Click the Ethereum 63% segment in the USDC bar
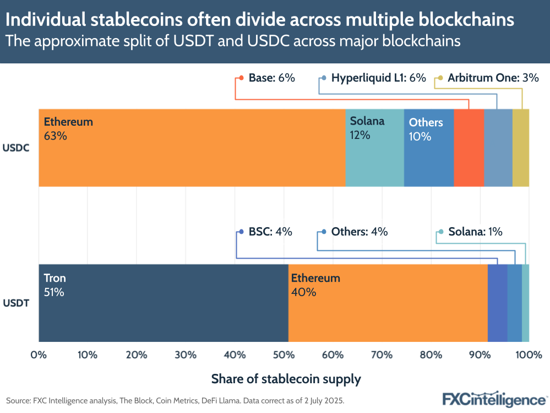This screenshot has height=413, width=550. pyautogui.click(x=192, y=148)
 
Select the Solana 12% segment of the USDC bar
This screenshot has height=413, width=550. pyautogui.click(x=374, y=148)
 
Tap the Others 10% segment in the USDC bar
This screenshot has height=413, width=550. pyautogui.click(x=428, y=148)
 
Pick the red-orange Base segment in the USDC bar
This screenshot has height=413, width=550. pyautogui.click(x=469, y=148)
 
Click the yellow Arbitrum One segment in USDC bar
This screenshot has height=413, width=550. pyautogui.click(x=520, y=148)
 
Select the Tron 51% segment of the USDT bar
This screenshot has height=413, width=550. pyautogui.click(x=163, y=303)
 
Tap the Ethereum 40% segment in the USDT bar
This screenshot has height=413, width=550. pyautogui.click(x=388, y=303)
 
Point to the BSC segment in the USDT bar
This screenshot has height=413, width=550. pyautogui.click(x=497, y=303)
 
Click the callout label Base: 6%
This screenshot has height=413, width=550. pyautogui.click(x=271, y=78)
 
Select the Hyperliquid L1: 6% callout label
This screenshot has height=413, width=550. pyautogui.click(x=378, y=78)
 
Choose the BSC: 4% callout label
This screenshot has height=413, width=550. pyautogui.click(x=270, y=232)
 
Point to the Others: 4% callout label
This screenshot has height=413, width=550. pyautogui.click(x=359, y=232)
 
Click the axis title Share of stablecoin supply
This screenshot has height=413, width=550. pyautogui.click(x=286, y=379)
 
